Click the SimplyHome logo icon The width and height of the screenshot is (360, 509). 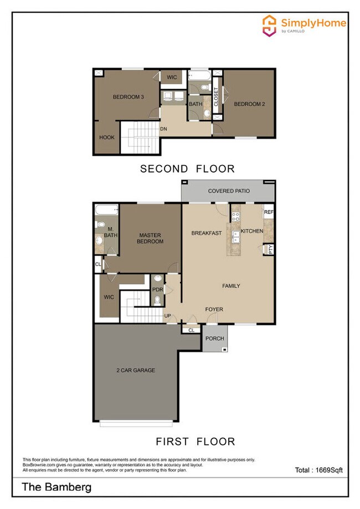click(270, 24)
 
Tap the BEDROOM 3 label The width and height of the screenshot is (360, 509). click(128, 97)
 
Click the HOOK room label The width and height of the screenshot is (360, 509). click(107, 137)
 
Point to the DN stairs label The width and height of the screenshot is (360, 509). click(163, 129)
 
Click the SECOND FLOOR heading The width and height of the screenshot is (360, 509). click(187, 168)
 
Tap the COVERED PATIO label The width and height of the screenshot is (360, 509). click(229, 191)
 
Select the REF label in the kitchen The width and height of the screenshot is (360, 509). click(269, 213)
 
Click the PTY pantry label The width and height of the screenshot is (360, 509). click(270, 249)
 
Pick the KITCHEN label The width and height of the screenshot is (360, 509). click(252, 231)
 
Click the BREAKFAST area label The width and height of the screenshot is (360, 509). click(207, 233)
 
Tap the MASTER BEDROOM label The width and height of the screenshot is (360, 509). click(151, 238)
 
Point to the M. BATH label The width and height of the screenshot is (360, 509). click(110, 233)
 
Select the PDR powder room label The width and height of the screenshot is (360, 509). click(157, 289)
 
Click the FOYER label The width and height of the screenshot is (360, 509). click(214, 310)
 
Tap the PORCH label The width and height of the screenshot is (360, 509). click(214, 339)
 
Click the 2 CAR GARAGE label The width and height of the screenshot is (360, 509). click(136, 370)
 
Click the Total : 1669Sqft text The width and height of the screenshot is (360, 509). click(318, 470)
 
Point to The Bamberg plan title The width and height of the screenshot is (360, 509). click(56, 487)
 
